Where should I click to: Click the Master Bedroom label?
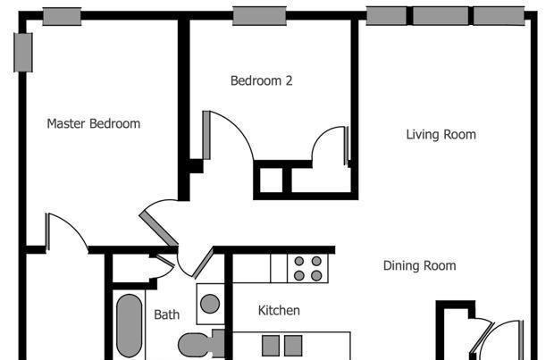pos(94,123)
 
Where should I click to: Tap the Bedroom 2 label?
pos(262,80)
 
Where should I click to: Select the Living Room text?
pos(441,135)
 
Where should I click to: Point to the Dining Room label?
pos(419,265)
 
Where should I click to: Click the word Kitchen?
pos(279,311)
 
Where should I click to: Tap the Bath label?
pos(167,314)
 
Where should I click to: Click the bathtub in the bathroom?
pos(129,326)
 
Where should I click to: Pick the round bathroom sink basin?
pos(210,304)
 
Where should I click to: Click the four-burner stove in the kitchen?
pos(307,269)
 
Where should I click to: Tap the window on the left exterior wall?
pos(23,53)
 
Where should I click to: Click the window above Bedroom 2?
pos(259,16)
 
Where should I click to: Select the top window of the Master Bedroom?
pos(63,17)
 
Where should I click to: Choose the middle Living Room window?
pos(441,16)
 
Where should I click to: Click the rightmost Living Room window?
pos(499,16)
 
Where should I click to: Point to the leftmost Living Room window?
pos(387,16)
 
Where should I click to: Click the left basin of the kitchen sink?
pos(271,346)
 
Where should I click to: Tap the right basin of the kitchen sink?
pos(293,346)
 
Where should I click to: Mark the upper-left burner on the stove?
pos(299,261)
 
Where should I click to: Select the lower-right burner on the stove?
pos(316,275)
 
